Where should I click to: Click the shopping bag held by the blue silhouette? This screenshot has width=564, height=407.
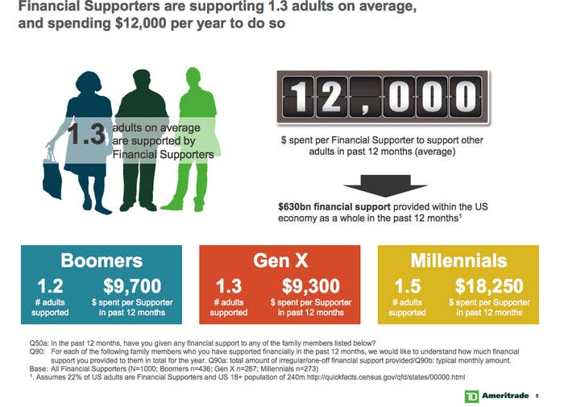pos(52,177)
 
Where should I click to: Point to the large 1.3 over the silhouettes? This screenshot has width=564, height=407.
pos(86,135)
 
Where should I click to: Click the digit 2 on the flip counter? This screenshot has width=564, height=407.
pos(331,97)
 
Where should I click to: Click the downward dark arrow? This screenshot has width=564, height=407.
pos(385,185)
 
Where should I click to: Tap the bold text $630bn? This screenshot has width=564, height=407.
pos(295,206)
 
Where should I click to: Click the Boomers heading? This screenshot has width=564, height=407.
pos(102,260)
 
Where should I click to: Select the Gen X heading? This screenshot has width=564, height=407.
pos(280,260)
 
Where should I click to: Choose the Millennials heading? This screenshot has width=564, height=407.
pos(458,260)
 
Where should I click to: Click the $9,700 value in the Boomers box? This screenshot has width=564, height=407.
pos(132,286)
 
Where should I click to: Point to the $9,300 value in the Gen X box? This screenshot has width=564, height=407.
pos(311,286)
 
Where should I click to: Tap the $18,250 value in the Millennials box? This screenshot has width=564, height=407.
pos(489,286)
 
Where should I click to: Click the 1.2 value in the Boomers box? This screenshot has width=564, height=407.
pos(50,286)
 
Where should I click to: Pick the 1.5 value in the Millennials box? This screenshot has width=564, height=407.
pos(408,286)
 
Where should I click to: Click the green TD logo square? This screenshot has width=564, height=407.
pos(471,397)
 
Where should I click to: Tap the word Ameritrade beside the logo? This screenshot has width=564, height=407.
pos(505,396)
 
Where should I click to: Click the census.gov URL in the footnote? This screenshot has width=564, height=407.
pos(386,377)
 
